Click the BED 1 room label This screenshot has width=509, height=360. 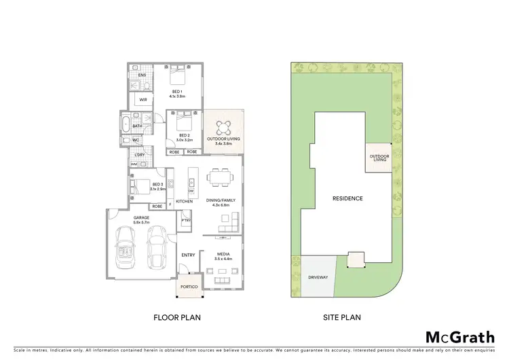point(177,94)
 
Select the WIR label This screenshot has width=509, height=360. point(143,100)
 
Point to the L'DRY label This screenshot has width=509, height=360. point(139,155)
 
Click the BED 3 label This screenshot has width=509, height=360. point(157,185)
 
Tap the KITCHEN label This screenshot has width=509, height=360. point(185,201)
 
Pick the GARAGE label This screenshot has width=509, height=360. point(141,219)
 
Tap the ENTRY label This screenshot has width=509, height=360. point(188,255)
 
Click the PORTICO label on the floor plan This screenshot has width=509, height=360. point(189,287)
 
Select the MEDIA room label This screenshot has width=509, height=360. point(223,256)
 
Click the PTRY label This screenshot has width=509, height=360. point(185,220)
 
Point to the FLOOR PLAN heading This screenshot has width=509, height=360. point(176,317)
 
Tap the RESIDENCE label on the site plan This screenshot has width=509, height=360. point(347,198)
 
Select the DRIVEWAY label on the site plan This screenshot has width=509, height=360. point(318,277)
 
